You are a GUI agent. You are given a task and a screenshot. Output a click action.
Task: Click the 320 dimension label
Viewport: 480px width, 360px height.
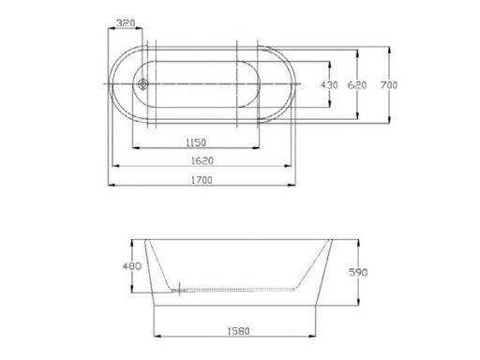(x=126, y=22)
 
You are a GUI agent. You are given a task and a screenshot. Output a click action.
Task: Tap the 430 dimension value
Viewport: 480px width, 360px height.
(x=329, y=84)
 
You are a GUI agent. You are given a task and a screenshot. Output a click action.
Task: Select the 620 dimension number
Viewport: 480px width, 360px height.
(x=357, y=84)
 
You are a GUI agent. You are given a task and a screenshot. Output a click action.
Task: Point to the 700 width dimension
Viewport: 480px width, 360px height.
(x=389, y=84)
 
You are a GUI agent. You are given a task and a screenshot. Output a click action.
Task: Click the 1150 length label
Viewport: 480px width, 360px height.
(x=196, y=142)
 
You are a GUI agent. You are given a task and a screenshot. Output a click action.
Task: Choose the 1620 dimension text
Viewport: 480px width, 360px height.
(x=202, y=160)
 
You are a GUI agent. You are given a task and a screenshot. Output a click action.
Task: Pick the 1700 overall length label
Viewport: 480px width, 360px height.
(x=202, y=180)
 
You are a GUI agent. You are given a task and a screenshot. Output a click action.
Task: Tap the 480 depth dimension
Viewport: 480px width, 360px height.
(x=132, y=266)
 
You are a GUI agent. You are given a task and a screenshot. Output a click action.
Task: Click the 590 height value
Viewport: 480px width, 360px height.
(x=358, y=272)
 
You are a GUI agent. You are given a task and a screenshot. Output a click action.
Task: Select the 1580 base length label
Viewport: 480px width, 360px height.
(x=238, y=331)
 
